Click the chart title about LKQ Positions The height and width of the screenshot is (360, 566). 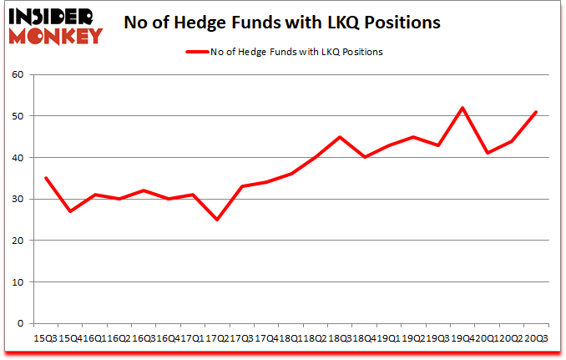tap(283, 23)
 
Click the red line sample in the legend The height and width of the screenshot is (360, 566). tap(197, 52)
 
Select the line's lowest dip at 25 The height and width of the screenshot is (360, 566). tap(217, 220)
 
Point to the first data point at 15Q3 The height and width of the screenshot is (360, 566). tap(46, 178)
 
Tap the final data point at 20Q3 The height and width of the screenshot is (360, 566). tap(535, 112)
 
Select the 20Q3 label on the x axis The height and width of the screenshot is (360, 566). tap(535, 339)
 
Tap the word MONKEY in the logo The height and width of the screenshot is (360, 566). tap(55, 35)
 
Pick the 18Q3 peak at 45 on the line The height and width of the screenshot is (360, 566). tap(339, 137)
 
